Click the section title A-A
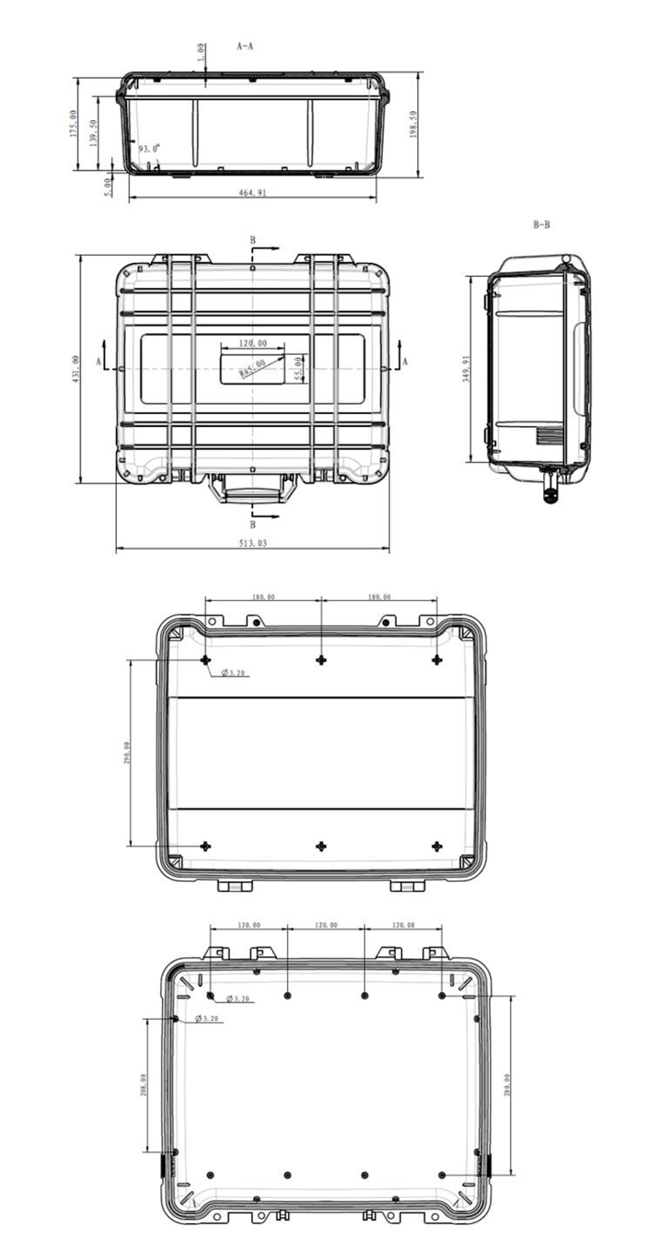click(x=245, y=47)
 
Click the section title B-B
click(x=541, y=225)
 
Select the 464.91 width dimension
click(x=253, y=193)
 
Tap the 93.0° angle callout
click(x=149, y=149)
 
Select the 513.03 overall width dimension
click(x=253, y=543)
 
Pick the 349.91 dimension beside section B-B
click(x=466, y=369)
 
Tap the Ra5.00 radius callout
click(x=253, y=368)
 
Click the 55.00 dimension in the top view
click(x=297, y=369)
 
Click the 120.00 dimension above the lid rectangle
click(x=253, y=343)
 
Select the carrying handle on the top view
click(x=253, y=491)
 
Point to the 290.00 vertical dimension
click(x=127, y=753)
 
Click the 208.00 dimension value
click(x=143, y=1085)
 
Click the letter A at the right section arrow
click(x=405, y=362)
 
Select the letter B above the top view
click(x=253, y=241)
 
